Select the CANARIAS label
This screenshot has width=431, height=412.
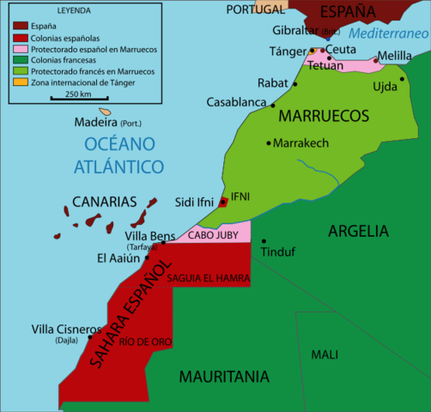[106, 202]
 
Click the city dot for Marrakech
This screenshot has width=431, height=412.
[270, 142]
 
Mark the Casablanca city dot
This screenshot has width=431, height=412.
[273, 105]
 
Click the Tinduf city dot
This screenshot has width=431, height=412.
[264, 241]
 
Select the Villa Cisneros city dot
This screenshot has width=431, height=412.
[90, 337]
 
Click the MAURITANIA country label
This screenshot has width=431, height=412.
[224, 376]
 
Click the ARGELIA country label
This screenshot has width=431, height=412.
[358, 231]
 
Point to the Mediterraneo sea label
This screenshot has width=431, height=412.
[389, 34]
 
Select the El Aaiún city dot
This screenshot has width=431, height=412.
[147, 257]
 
